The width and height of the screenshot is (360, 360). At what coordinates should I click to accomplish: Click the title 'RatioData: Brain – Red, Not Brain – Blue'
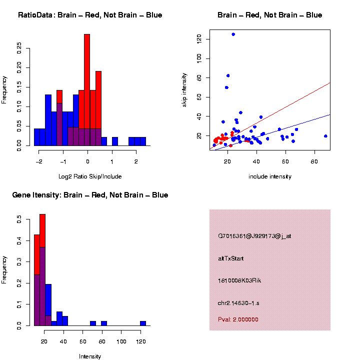pyautogui.click(x=90, y=15)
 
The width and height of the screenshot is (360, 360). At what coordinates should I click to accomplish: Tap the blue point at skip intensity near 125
pyautogui.click(x=233, y=34)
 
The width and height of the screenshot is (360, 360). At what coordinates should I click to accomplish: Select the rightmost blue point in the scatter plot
pyautogui.click(x=325, y=136)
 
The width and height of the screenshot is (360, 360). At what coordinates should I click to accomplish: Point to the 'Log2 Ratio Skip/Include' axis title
pyautogui.click(x=90, y=176)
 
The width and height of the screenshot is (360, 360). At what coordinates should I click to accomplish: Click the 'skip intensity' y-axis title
pyautogui.click(x=185, y=89)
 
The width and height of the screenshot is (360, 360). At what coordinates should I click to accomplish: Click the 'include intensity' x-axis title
pyautogui.click(x=270, y=176)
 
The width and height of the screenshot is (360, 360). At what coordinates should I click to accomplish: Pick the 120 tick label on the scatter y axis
pyautogui.click(x=199, y=38)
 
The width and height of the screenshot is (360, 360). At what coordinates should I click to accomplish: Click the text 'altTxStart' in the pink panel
pyautogui.click(x=231, y=258)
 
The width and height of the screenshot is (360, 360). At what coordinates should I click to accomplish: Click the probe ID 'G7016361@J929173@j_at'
pyautogui.click(x=254, y=236)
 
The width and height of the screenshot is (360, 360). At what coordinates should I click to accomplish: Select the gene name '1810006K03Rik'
pyautogui.click(x=239, y=280)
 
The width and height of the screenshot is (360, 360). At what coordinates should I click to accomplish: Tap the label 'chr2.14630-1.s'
pyautogui.click(x=238, y=303)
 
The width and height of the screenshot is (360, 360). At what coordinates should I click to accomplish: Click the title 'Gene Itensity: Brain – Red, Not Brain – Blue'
pyautogui.click(x=90, y=195)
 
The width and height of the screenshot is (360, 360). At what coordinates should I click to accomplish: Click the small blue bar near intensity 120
pyautogui.click(x=143, y=323)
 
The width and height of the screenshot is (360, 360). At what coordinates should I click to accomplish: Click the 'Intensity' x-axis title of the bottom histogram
pyautogui.click(x=90, y=356)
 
